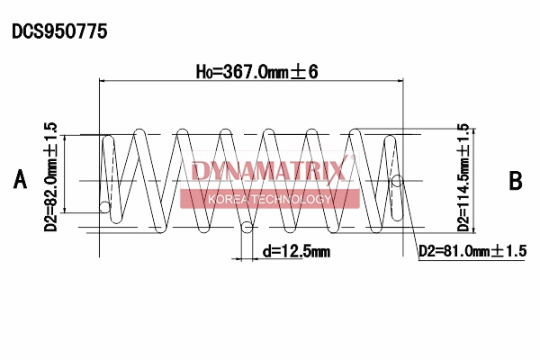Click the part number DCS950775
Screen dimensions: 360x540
(59, 31)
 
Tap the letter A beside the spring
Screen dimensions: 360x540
(21, 180)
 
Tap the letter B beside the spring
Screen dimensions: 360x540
(516, 180)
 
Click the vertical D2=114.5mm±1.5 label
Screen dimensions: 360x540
(463, 177)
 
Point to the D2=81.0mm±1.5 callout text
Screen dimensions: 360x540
(472, 251)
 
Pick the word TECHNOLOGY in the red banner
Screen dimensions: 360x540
(298, 199)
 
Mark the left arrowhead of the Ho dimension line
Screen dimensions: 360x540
(103, 82)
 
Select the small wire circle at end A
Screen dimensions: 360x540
(105, 209)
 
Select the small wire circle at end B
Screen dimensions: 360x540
(397, 182)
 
